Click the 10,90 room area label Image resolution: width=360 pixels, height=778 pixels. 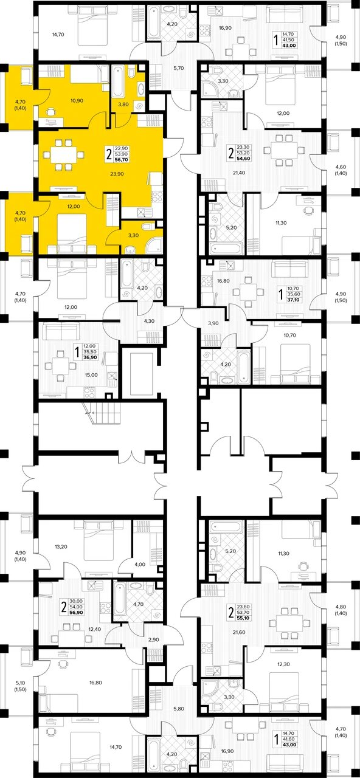pos(77,101)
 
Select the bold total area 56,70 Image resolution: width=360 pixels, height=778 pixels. pos(122,160)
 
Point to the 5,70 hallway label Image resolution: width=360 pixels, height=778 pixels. pos(178,68)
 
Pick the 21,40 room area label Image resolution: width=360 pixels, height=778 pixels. pos(239,173)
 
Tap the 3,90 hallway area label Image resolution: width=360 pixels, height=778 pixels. pos(213,323)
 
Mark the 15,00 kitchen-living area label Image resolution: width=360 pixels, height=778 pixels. pos(91,375)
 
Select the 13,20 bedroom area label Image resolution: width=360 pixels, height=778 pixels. pos(61,546)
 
